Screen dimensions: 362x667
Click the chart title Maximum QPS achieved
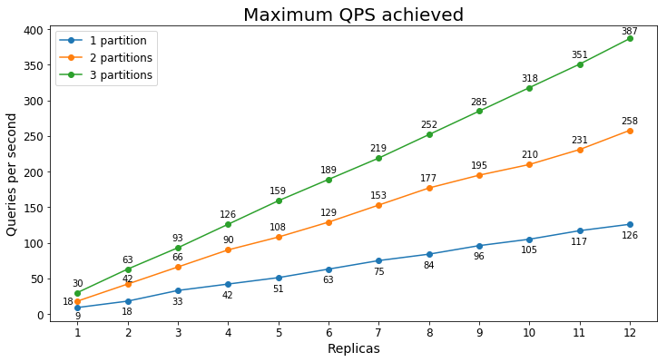353,15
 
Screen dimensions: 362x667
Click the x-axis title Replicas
353,348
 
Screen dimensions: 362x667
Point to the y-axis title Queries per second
12,174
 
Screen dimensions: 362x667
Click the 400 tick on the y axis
34,30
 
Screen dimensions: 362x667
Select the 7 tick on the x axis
378,332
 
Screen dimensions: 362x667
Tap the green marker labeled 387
630,38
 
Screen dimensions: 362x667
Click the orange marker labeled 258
630,131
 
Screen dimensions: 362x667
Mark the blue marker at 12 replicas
630,224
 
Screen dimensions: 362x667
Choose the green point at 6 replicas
329,180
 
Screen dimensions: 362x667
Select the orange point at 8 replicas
429,188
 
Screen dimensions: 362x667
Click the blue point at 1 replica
78,308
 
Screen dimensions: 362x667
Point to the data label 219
378,148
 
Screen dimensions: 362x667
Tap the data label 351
580,55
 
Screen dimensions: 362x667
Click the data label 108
279,227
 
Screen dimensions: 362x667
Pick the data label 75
378,271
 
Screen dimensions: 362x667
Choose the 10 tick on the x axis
529,332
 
